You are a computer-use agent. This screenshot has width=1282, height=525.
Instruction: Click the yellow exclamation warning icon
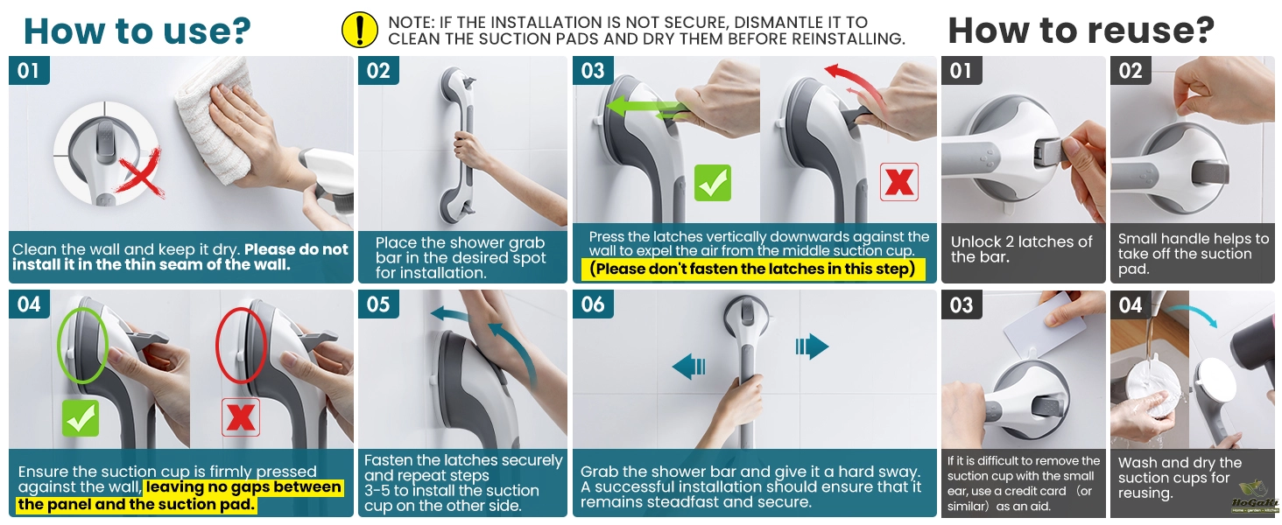coord(359,31)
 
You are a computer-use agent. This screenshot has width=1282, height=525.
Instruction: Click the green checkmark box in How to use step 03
coord(712,183)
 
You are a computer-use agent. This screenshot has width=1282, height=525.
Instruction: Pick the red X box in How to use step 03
coord(898,182)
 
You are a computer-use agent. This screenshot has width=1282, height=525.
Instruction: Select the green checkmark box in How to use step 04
coord(81,417)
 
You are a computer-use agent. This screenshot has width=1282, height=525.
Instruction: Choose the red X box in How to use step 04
coord(240,417)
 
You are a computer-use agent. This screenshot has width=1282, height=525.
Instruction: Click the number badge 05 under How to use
coord(378,304)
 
